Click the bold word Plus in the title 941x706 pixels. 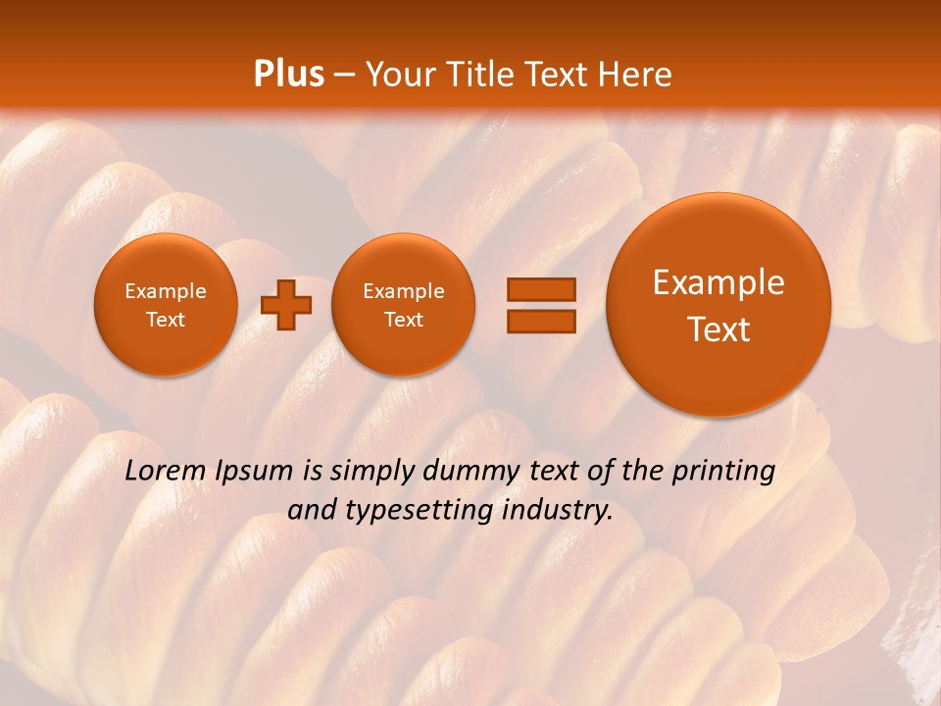click(288, 75)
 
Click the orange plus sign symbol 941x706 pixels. click(286, 305)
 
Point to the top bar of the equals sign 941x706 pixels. click(540, 289)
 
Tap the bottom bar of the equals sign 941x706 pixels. click(540, 321)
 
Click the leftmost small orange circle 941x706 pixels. click(166, 305)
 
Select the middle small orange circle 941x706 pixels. click(403, 305)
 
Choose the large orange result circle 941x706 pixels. click(718, 305)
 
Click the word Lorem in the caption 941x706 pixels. click(166, 472)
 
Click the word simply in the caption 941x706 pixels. click(372, 472)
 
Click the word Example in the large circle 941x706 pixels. click(718, 282)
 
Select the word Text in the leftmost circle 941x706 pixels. click(166, 320)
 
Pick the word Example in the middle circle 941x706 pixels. click(403, 291)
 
